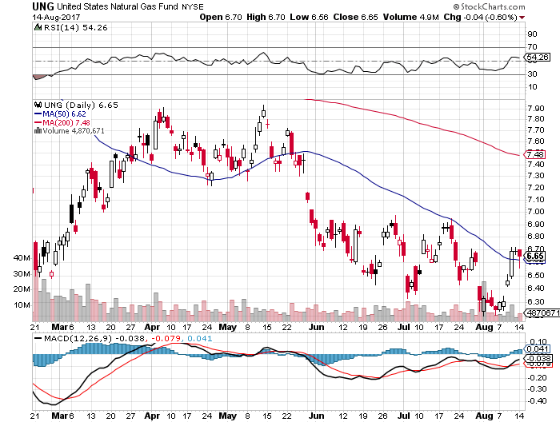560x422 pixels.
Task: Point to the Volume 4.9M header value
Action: pos(449,17)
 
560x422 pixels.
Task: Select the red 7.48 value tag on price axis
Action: pos(536,154)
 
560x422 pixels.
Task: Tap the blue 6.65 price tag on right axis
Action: pos(536,256)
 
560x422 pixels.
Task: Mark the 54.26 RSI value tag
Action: pos(536,58)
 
